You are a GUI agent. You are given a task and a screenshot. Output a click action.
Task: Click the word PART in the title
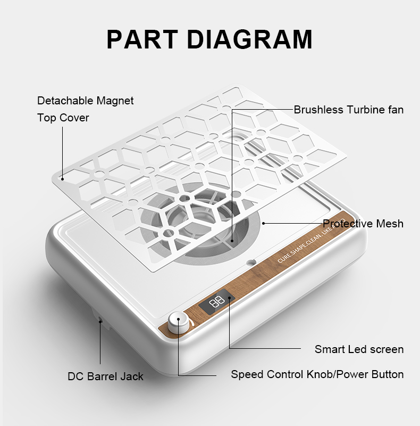coord(142,39)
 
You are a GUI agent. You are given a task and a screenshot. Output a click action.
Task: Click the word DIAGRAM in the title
coord(250,39)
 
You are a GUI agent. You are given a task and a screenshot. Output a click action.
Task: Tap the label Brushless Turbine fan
coord(349,110)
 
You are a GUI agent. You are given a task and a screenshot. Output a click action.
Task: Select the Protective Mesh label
coord(363,224)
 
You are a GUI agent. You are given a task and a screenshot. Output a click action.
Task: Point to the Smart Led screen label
coord(359,349)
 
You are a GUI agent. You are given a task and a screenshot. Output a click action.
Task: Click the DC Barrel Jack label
coord(106,376)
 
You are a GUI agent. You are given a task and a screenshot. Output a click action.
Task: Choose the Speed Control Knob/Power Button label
coord(317,374)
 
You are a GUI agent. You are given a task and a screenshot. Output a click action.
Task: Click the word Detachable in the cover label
coord(65,101)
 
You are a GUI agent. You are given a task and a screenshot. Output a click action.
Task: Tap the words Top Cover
coord(63,118)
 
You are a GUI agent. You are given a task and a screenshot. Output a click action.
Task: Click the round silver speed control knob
coord(178,321)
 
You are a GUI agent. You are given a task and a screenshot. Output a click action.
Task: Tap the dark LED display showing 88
coord(217,301)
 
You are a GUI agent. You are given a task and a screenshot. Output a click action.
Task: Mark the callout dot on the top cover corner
coord(62,179)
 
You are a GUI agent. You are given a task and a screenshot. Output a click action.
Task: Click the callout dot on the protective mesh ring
coord(263,223)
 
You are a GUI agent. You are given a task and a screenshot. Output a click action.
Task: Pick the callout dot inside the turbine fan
coord(232,241)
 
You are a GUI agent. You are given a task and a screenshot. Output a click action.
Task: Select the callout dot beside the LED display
coord(230,298)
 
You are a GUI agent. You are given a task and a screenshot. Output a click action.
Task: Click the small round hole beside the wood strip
coord(251,263)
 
